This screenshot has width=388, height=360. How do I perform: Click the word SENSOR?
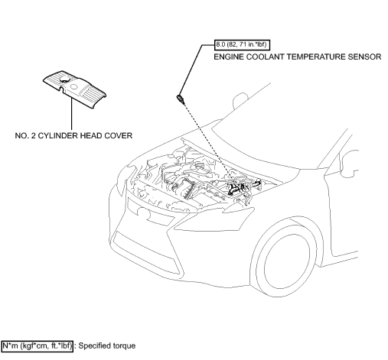(362, 57)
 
